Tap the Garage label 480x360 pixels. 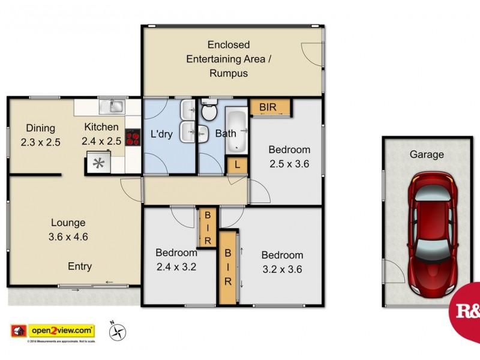(x=427, y=154)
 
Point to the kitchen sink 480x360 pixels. (x=112, y=107)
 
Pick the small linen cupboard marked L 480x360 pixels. (x=238, y=164)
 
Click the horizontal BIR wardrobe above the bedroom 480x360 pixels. (x=271, y=107)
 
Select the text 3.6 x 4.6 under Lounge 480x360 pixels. (x=68, y=236)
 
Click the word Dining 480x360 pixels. (x=40, y=128)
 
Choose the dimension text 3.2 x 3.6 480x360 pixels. (x=282, y=269)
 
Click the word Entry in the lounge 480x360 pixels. (x=80, y=266)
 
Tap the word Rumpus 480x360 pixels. (x=229, y=73)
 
